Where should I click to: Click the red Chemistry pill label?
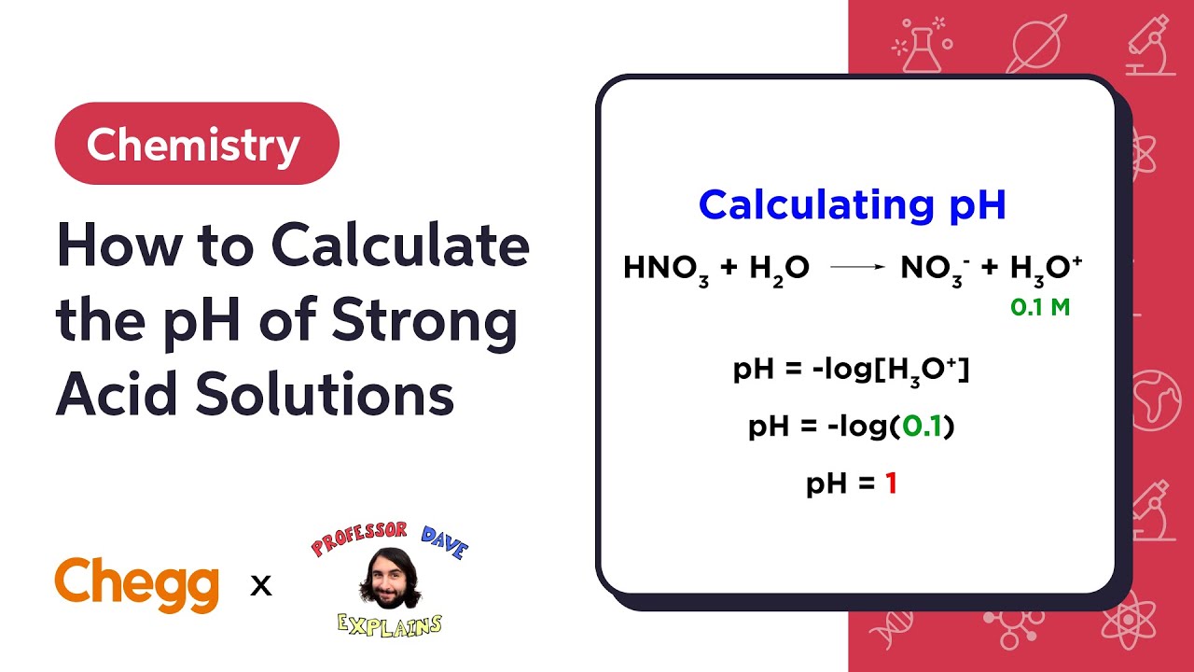pyautogui.click(x=196, y=144)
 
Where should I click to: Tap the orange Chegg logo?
pyautogui.click(x=137, y=583)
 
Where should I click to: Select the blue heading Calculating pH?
pyautogui.click(x=853, y=204)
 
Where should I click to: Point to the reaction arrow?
pyautogui.click(x=856, y=268)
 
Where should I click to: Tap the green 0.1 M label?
pyautogui.click(x=1040, y=307)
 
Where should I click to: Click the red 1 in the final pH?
pyautogui.click(x=891, y=483)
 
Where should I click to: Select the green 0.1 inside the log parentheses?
pyautogui.click(x=923, y=427)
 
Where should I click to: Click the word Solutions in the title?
pyautogui.click(x=326, y=394)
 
